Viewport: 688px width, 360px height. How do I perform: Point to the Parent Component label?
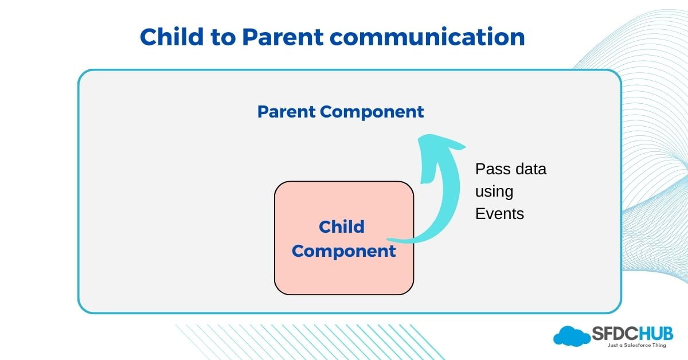(x=341, y=112)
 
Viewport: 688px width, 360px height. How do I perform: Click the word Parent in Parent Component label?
(x=287, y=112)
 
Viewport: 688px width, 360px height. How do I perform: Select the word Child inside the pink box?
(x=342, y=226)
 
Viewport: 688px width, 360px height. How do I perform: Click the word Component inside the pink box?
(x=344, y=251)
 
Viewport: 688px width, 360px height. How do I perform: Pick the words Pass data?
(x=511, y=170)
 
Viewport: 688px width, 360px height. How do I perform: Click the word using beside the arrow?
(x=494, y=192)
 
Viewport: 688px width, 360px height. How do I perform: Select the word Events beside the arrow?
(x=499, y=214)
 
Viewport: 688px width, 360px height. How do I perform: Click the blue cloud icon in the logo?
(x=571, y=335)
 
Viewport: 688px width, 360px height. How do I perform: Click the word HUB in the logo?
(x=656, y=333)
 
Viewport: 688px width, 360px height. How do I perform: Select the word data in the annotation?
(x=527, y=170)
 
